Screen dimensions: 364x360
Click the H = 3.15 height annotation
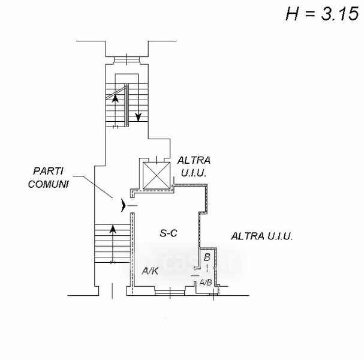(322, 14)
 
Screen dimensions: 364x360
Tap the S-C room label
(169, 233)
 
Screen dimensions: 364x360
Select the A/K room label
(150, 271)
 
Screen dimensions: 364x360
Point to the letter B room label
(207, 257)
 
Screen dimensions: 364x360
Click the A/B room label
(206, 282)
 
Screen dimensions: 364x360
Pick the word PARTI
(49, 171)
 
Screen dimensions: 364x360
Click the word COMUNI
(49, 184)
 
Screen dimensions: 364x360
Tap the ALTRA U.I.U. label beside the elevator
(194, 167)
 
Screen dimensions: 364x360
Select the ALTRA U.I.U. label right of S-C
(262, 236)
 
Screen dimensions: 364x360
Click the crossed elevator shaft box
(157, 176)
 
